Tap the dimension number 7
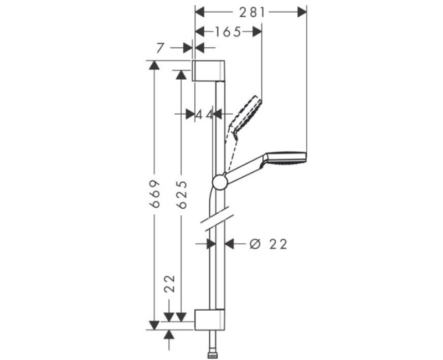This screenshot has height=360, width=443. tap(160, 48)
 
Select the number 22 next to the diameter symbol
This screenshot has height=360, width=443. tap(278, 244)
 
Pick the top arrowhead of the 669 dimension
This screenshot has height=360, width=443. tap(154, 63)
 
